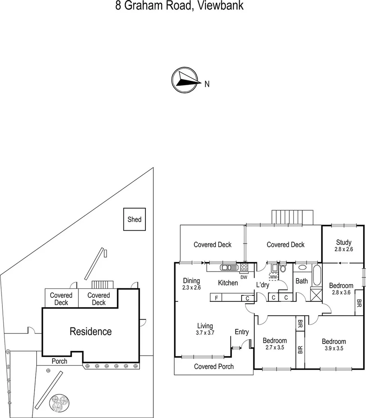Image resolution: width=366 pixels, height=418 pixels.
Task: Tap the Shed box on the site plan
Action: tap(134, 219)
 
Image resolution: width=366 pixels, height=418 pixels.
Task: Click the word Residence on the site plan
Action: tap(91, 331)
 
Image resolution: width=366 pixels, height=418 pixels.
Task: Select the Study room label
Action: tap(343, 242)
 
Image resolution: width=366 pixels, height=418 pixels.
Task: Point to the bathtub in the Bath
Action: tap(316, 275)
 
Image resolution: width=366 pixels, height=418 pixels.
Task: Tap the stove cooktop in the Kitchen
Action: tap(244, 267)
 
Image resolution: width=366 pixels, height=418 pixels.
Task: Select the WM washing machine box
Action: tap(273, 276)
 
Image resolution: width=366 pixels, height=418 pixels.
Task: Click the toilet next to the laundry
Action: tap(283, 268)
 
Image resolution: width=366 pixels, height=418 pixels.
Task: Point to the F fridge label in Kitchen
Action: tap(216, 298)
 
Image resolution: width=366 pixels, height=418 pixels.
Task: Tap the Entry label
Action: tap(242, 332)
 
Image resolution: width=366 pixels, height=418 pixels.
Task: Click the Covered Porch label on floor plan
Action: tap(214, 366)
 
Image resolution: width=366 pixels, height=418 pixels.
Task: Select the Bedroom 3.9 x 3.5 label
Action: tap(334, 345)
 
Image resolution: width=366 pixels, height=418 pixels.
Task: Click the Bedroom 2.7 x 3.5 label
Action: tap(275, 344)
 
